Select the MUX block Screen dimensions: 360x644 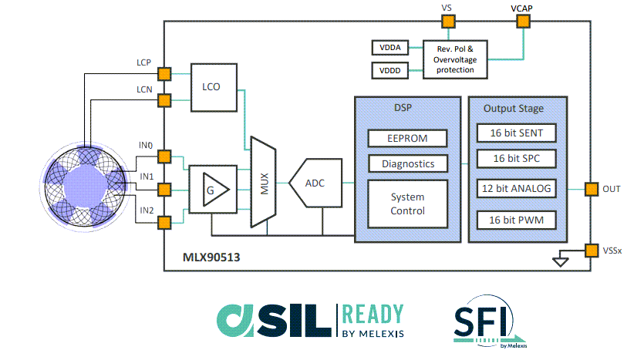pyautogui.click(x=263, y=183)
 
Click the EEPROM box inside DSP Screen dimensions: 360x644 pyautogui.click(x=407, y=138)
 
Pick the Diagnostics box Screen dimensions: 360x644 pyautogui.click(x=407, y=163)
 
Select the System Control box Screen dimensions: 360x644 pyautogui.click(x=407, y=204)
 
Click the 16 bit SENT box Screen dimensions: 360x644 pyautogui.click(x=516, y=133)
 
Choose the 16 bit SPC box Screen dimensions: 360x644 pyautogui.click(x=516, y=159)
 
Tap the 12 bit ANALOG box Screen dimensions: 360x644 pyautogui.click(x=516, y=189)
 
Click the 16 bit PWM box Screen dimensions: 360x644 pyautogui.click(x=516, y=220)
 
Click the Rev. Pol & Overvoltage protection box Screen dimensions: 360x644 pyautogui.click(x=460, y=59)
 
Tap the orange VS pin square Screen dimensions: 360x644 pyautogui.click(x=447, y=22)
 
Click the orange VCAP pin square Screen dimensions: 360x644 pyautogui.click(x=522, y=22)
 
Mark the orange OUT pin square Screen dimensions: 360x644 pyautogui.click(x=591, y=189)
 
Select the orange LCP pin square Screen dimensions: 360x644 pyautogui.click(x=164, y=74)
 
